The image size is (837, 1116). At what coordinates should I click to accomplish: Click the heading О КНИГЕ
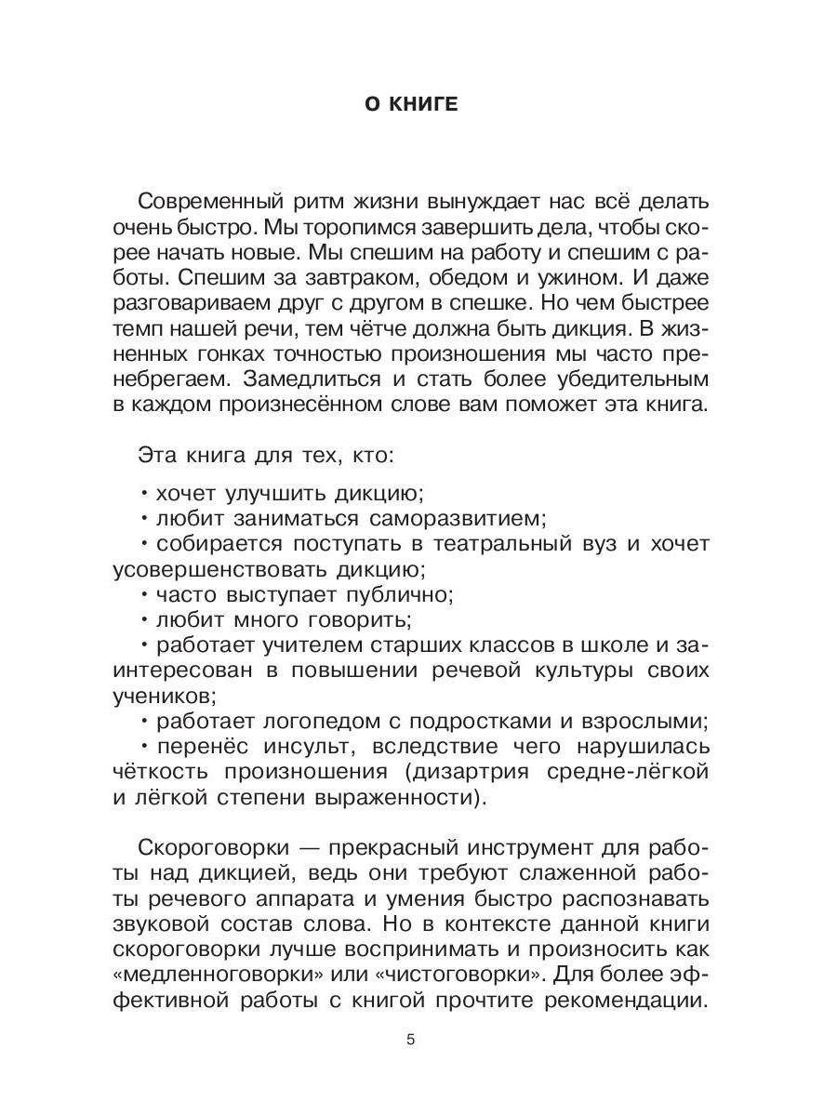pos(410,104)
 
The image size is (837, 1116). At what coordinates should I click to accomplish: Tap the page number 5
pos(410,1039)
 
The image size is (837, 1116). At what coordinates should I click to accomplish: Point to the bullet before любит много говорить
pos(145,618)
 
